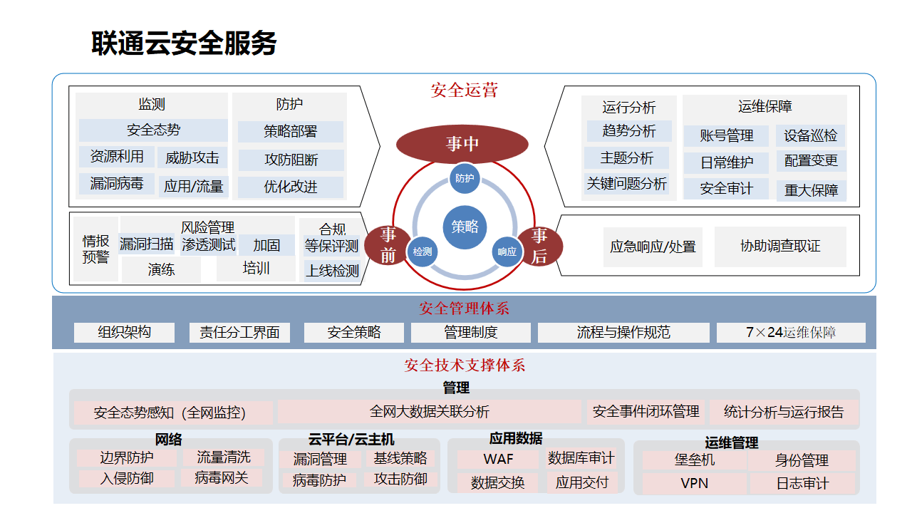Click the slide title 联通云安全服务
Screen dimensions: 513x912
[184, 43]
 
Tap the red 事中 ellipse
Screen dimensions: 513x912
[462, 144]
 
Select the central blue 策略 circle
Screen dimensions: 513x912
[465, 227]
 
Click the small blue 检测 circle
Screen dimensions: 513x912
[422, 252]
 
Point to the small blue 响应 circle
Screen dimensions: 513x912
[507, 252]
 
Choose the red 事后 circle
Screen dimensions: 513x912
[539, 246]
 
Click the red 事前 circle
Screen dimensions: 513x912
[388, 245]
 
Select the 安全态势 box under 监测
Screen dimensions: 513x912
[153, 130]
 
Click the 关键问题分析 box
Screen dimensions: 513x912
[627, 184]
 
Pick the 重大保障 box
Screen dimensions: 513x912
[811, 190]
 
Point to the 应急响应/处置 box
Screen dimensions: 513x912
[653, 247]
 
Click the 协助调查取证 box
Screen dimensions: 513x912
[780, 247]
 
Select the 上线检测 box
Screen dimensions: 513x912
[332, 271]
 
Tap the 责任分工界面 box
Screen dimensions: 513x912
[239, 332]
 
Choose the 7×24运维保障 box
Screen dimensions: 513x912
[791, 332]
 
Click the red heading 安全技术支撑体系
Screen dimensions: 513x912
[465, 366]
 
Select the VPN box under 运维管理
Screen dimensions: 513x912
[694, 483]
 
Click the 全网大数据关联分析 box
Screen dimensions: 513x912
[429, 412]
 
